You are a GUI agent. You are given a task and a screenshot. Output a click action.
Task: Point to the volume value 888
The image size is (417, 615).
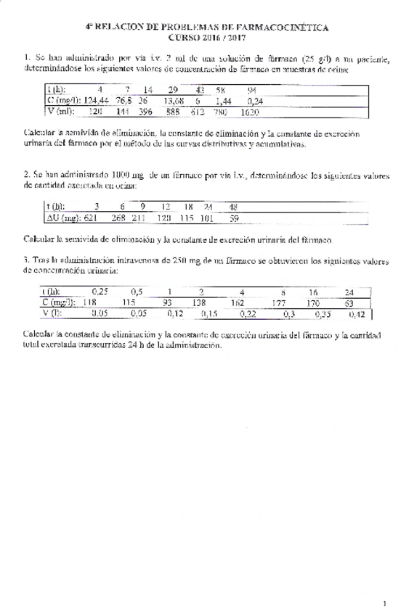pos(173,112)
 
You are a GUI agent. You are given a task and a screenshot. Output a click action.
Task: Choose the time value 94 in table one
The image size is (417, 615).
pos(251,90)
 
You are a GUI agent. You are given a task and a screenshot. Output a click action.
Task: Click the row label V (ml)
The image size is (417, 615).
pos(56,112)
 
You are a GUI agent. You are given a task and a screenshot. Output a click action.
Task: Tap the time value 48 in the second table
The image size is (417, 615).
pos(233,206)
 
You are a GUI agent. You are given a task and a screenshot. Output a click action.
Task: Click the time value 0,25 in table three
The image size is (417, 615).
pos(99,292)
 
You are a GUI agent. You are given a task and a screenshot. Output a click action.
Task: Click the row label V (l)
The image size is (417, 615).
pos(53,314)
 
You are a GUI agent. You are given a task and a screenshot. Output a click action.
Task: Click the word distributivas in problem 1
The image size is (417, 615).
pos(219,144)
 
